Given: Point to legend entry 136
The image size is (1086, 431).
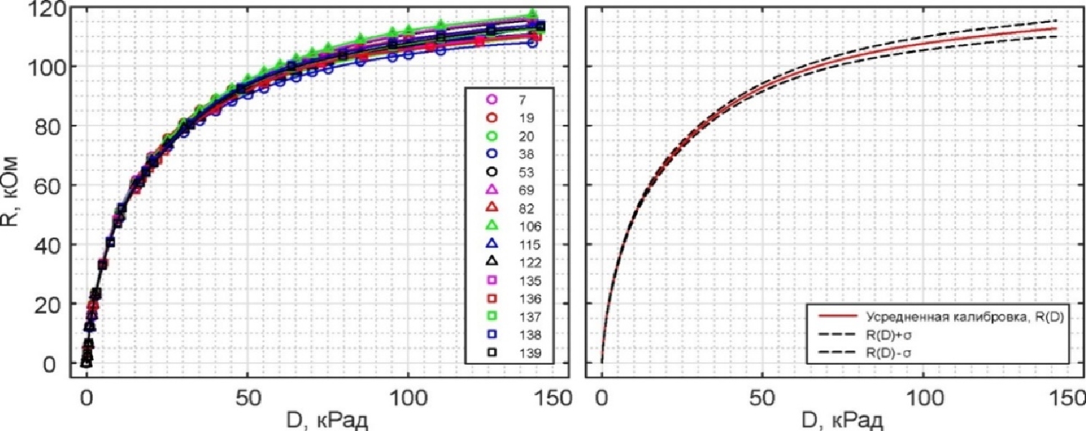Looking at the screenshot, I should tap(517, 298).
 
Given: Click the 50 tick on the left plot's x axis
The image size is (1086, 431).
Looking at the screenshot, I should tap(247, 397).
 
